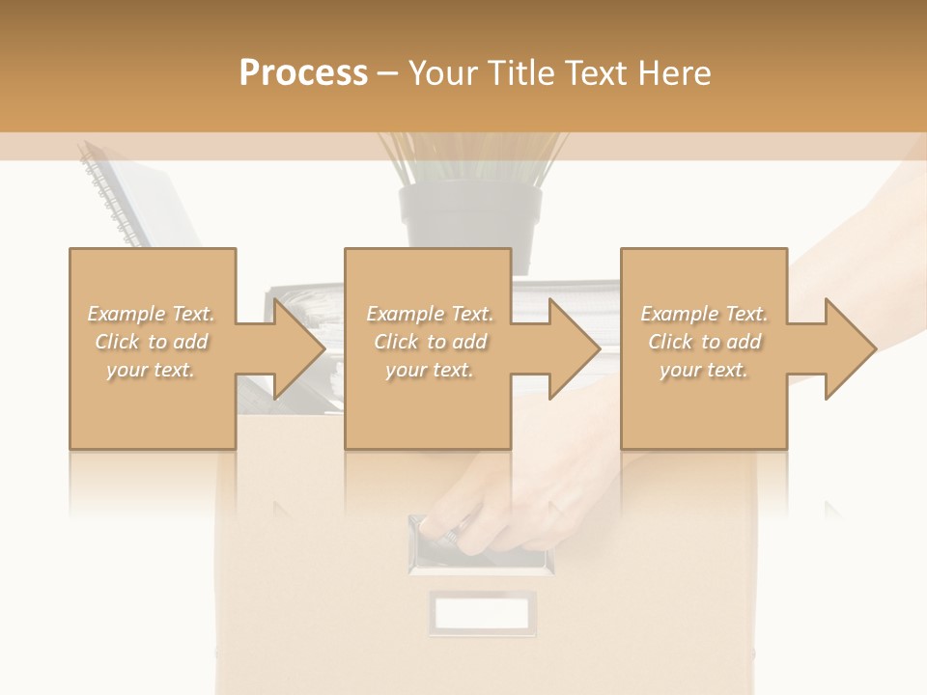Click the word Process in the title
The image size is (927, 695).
[x=303, y=73]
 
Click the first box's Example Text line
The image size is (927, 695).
[x=152, y=314]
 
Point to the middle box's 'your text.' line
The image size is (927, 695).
[x=429, y=370]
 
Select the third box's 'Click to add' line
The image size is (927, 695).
[x=704, y=342]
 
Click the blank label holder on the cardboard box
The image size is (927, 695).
[x=482, y=613]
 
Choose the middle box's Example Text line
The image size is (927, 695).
[x=429, y=314]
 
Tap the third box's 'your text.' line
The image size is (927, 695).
[x=704, y=370]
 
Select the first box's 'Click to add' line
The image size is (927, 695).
[x=152, y=342]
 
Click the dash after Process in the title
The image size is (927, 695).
[x=387, y=73]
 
